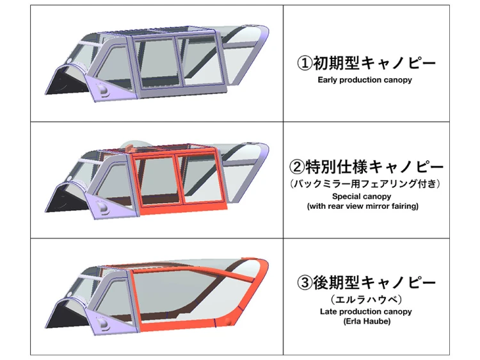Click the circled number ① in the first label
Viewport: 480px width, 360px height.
tap(305, 63)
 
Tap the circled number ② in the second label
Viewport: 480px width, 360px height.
tap(296, 167)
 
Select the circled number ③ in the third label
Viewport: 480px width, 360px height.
tap(305, 282)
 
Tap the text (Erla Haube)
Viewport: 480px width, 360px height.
tap(367, 322)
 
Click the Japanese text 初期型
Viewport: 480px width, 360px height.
tap(336, 63)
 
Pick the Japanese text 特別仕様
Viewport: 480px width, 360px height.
tap(335, 167)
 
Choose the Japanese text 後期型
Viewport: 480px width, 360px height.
tap(336, 282)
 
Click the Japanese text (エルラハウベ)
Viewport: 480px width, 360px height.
tap(366, 299)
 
